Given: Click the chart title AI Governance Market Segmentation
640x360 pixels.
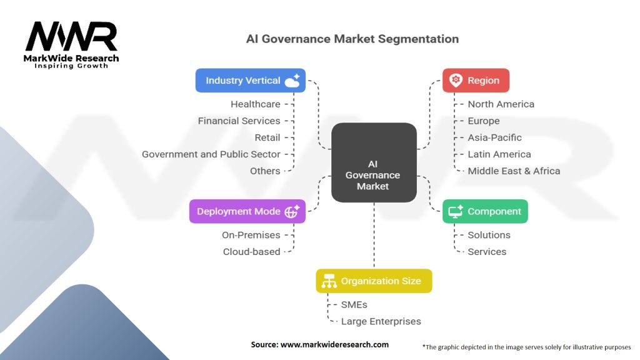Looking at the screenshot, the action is (352, 39).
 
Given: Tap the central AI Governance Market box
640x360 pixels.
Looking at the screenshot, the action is (374, 162).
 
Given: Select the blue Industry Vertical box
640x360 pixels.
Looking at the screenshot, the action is (250, 81).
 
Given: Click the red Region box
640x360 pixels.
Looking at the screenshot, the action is (476, 81).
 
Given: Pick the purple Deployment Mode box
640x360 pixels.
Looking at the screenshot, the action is (247, 211).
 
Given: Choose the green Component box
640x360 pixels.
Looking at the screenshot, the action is (485, 211).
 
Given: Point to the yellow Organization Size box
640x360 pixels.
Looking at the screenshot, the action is (374, 281).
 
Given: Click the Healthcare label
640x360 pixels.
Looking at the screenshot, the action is (255, 104).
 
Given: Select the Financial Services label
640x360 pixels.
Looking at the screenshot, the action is (239, 121).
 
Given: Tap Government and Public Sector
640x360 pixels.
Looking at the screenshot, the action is (211, 154).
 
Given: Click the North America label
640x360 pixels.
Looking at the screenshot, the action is (501, 104).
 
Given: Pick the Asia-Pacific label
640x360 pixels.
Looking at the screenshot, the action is (494, 137).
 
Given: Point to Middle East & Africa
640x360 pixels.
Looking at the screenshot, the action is (514, 171).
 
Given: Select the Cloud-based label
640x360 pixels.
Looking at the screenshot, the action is (251, 252).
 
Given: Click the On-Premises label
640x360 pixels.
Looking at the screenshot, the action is (251, 235).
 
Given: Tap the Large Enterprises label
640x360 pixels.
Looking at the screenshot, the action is (381, 321).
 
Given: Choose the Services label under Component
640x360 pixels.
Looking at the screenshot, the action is (487, 252).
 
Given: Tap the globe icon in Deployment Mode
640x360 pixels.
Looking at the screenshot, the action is (292, 212).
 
